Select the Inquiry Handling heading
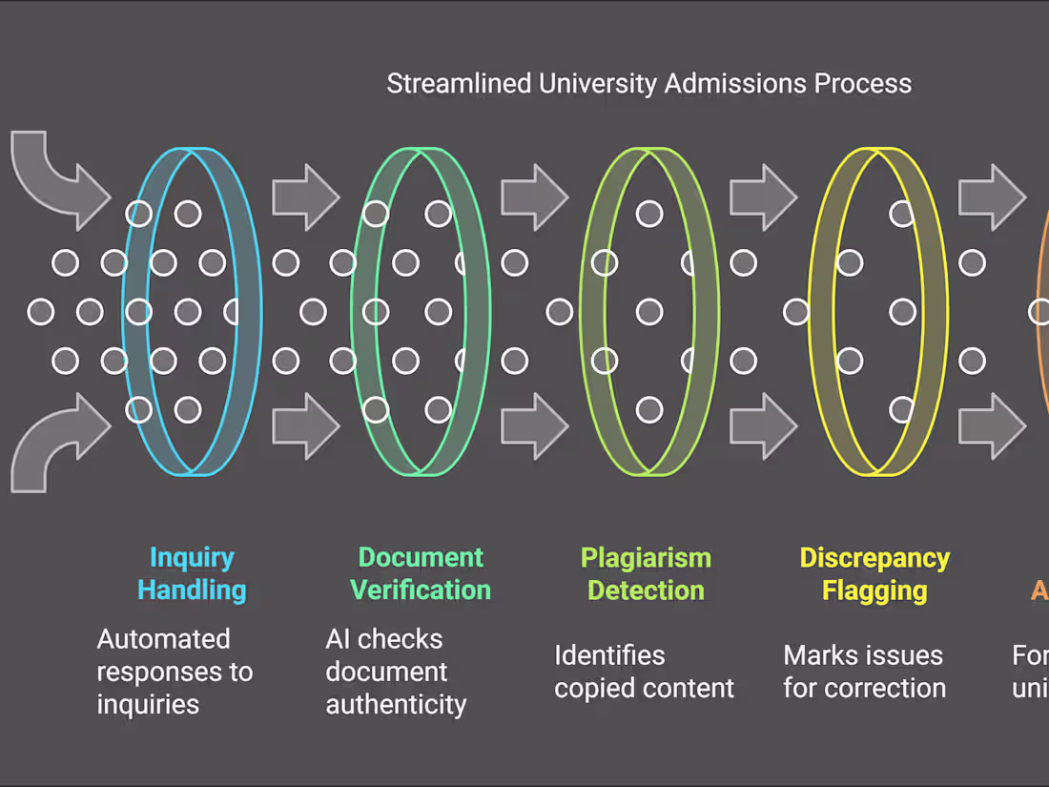click(192, 573)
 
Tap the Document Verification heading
click(421, 573)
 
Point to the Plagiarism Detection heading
click(646, 573)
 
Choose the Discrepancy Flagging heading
click(874, 573)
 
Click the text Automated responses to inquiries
click(175, 672)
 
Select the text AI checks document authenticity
click(396, 672)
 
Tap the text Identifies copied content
click(645, 672)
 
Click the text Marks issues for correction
click(865, 672)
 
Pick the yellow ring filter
click(818, 312)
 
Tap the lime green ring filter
click(589, 312)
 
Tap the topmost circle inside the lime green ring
click(649, 214)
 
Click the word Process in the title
click(862, 84)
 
